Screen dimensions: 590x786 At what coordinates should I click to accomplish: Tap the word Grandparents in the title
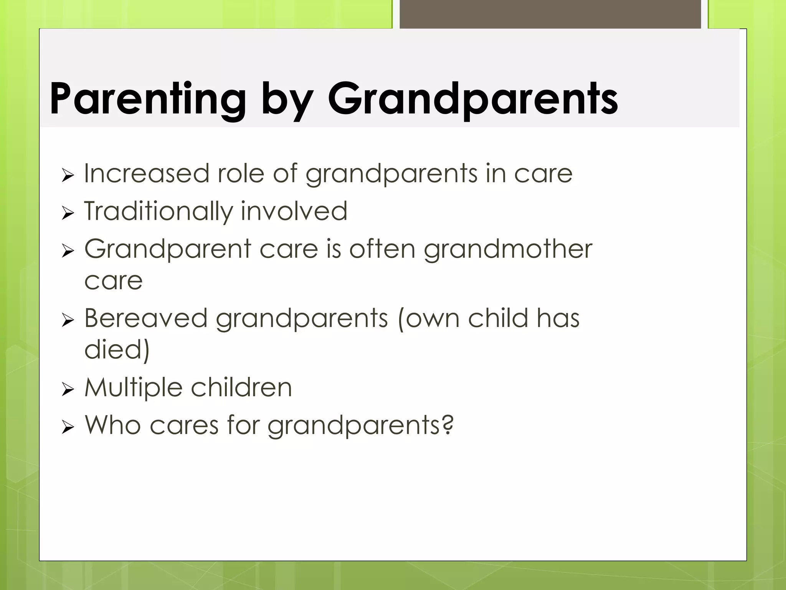pos(472,99)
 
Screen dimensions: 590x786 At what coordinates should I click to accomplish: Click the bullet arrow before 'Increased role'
pos(68,176)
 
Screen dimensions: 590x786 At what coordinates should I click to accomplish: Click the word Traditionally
pos(158,212)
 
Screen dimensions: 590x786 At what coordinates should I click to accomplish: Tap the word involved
pos(294,211)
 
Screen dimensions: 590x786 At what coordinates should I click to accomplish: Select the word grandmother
pos(508,249)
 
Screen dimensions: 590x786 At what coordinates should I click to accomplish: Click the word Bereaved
pos(146,318)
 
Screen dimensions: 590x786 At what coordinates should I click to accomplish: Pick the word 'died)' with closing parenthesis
pos(117,350)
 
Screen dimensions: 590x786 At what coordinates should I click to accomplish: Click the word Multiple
pos(134,388)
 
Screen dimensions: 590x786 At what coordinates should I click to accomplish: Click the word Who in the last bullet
pos(113,425)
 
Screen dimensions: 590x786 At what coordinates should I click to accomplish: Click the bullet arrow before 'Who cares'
pos(68,427)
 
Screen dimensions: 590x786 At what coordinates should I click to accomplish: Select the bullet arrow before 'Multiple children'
pos(68,390)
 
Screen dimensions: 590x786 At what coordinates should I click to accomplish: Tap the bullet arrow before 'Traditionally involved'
pos(68,214)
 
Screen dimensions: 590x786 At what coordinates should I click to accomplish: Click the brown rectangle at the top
pos(550,14)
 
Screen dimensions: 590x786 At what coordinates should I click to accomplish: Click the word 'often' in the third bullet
pos(382,249)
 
